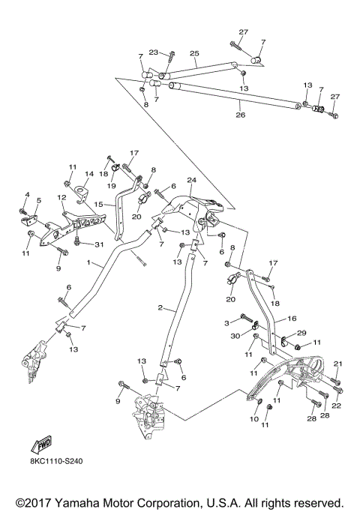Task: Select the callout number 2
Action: [160, 308]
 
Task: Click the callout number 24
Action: [192, 181]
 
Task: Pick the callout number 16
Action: [291, 318]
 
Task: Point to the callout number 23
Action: [154, 52]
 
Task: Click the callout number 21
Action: [337, 364]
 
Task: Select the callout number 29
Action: [301, 333]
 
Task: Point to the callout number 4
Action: [27, 196]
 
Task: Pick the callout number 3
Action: [226, 322]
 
